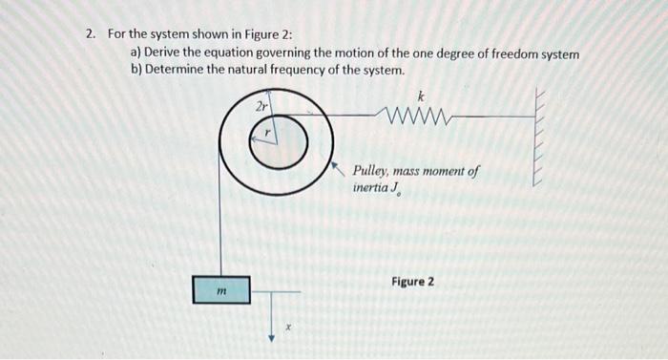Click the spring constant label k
click(x=421, y=95)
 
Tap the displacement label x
click(x=287, y=328)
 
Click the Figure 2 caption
click(x=412, y=282)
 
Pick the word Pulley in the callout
click(x=371, y=172)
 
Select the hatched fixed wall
click(x=539, y=138)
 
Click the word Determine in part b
click(x=178, y=71)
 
